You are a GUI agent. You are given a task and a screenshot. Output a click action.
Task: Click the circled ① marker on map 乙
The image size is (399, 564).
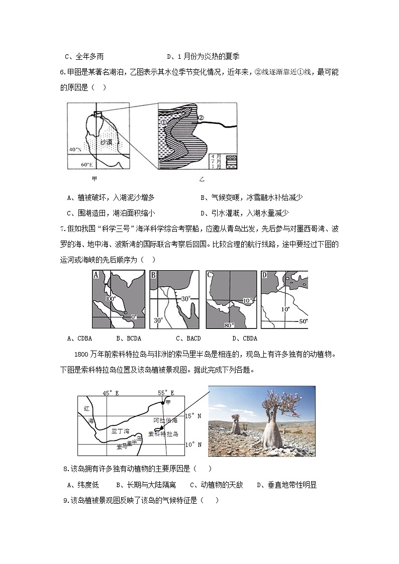[x=164, y=122]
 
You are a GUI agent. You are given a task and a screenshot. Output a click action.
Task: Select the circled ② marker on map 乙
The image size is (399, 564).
[x=200, y=118]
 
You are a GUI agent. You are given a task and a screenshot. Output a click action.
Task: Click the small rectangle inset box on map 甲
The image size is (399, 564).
[x=97, y=115]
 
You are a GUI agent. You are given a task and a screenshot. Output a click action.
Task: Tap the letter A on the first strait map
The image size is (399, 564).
[x=96, y=275]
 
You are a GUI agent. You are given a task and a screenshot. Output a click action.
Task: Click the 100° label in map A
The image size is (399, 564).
[x=111, y=298]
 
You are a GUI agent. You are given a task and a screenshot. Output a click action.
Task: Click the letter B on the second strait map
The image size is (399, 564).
[x=153, y=275]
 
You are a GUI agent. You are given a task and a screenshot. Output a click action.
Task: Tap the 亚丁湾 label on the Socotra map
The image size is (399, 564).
[x=120, y=431]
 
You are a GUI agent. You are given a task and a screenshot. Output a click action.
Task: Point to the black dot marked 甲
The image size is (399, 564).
[x=162, y=403]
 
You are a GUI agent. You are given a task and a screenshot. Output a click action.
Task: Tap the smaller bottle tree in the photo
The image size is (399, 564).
[x=235, y=425]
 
